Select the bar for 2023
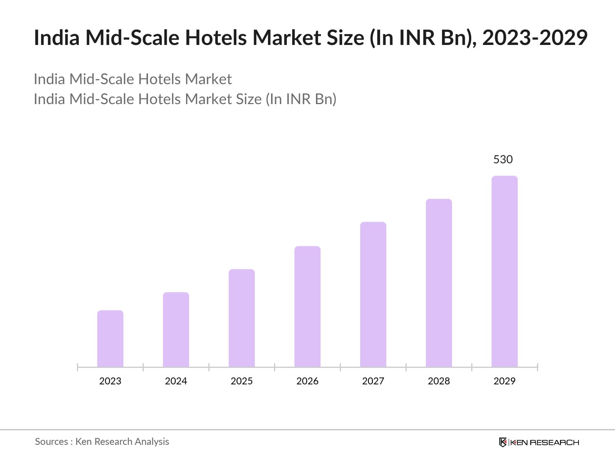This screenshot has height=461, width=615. (110, 339)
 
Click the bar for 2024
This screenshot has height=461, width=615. (176, 330)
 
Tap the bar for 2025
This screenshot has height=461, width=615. (242, 318)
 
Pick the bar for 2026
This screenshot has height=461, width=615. (307, 307)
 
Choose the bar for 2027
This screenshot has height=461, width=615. (373, 294)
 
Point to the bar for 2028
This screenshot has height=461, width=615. (439, 283)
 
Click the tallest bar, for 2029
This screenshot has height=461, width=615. (505, 271)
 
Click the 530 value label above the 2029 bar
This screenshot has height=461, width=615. (503, 159)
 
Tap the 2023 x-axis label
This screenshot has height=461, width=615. (110, 381)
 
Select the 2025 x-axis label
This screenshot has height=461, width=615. (242, 381)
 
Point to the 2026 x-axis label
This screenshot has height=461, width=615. (307, 381)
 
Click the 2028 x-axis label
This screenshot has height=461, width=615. (439, 381)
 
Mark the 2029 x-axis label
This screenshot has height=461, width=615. (505, 381)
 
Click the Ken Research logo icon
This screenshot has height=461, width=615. (503, 442)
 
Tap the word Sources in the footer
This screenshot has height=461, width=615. (52, 442)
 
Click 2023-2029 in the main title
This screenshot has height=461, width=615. (535, 38)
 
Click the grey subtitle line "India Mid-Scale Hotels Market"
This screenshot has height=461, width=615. (133, 79)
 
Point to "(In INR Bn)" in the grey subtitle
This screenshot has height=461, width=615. (301, 99)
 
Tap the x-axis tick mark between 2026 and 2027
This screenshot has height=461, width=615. (340, 368)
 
